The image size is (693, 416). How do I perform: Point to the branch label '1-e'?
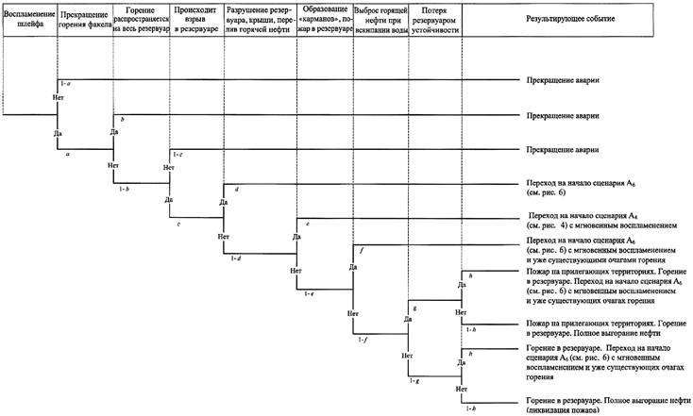tap(310, 294)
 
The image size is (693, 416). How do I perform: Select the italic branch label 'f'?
tap(363, 249)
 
